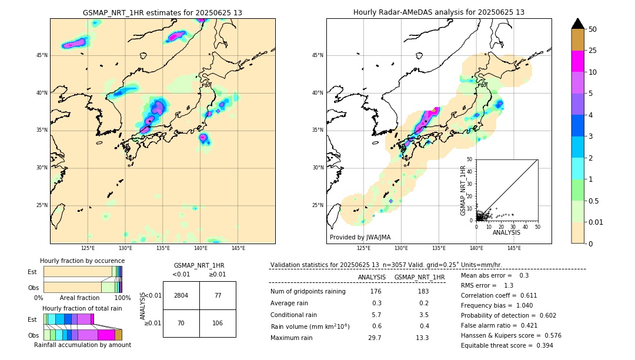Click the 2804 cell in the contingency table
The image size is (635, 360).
pos(181,295)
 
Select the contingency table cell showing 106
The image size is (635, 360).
pos(218,323)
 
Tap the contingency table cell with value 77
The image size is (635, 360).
pos(218,295)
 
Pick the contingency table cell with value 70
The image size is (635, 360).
pos(181,323)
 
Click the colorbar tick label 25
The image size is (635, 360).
pos(593,51)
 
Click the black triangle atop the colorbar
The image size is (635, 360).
pos(578,24)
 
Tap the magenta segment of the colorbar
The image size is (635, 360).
pos(578,61)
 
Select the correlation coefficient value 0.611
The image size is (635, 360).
pos(532,295)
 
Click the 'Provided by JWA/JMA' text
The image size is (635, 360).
pos(360,237)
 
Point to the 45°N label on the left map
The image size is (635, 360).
pos(42,55)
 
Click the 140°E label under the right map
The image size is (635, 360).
pos(476,248)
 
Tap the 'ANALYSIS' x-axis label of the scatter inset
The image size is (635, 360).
pos(506,232)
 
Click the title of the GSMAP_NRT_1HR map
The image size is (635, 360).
pos(162,12)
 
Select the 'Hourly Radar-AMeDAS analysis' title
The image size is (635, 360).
pos(439,12)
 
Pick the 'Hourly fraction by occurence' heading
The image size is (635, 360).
pos(82,261)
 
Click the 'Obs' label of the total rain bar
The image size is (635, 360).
pos(33,335)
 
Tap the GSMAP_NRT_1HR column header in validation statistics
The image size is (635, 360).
pos(419,277)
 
